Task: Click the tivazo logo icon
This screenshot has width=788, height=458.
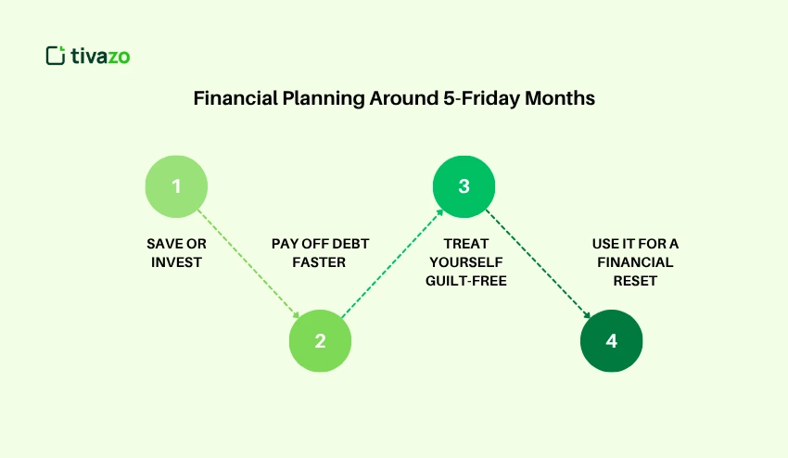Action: point(56,56)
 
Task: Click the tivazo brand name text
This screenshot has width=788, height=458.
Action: point(100,57)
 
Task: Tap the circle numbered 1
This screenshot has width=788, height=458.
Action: point(176,185)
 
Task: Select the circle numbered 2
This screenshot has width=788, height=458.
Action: point(320,340)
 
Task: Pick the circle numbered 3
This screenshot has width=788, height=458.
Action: point(464,185)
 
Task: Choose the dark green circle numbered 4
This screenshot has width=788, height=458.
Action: point(611,340)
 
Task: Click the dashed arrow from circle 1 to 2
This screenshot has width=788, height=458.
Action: point(248,262)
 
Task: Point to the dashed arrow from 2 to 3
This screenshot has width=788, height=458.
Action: point(391,263)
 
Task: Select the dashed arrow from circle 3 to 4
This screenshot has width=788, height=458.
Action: point(537,262)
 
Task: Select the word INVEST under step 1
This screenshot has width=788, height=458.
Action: point(177,262)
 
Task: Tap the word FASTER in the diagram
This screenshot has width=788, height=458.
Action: point(320,262)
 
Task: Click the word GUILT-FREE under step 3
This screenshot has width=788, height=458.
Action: point(464,281)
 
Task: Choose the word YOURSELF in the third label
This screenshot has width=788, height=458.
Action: point(464,262)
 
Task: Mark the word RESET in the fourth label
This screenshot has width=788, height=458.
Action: point(635,281)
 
